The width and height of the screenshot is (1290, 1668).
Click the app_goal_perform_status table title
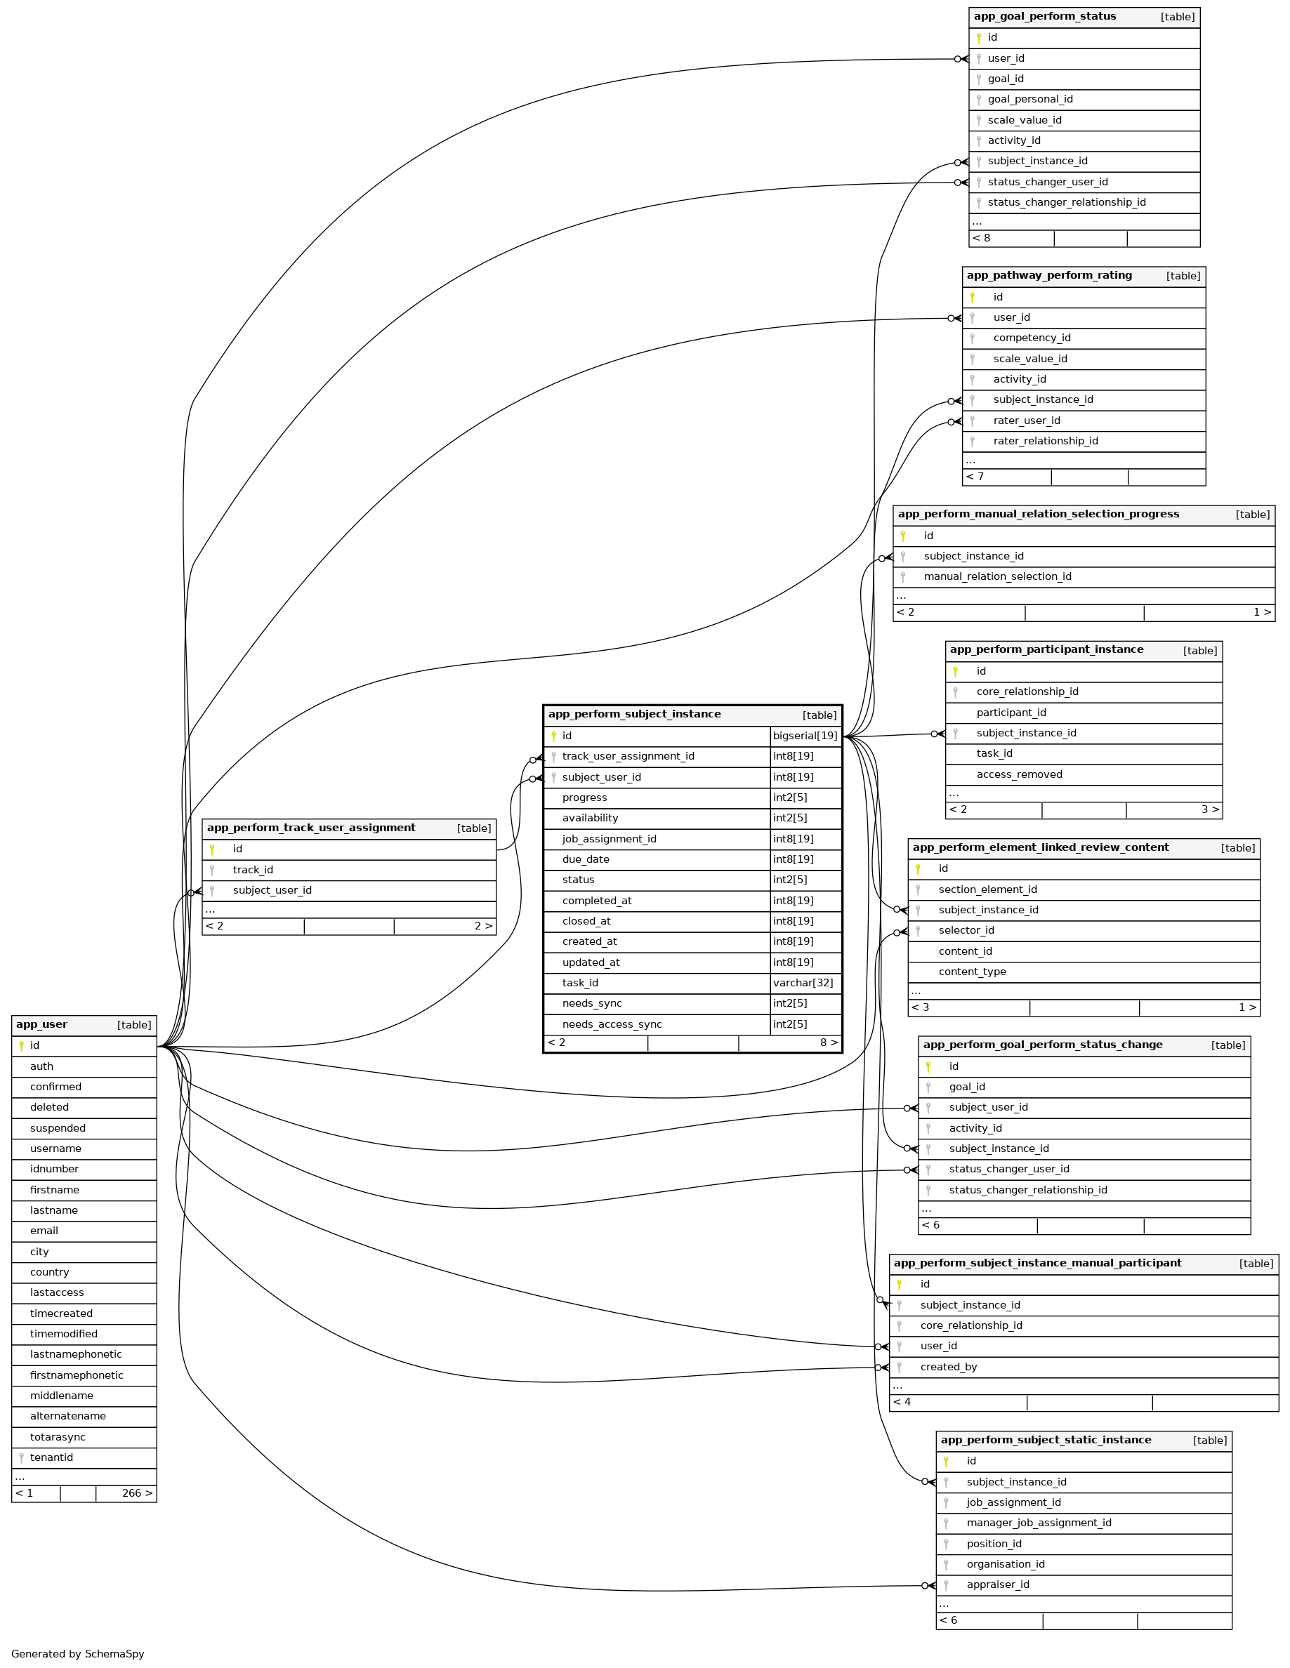(x=1044, y=17)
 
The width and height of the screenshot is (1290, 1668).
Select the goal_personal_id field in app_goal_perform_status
(x=1029, y=99)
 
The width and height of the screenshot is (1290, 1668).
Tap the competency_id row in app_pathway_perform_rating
(x=1031, y=338)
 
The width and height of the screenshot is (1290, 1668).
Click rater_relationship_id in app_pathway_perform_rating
(x=1045, y=442)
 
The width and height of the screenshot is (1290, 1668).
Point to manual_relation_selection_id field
(x=996, y=576)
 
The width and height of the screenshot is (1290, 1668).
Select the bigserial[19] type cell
(x=805, y=736)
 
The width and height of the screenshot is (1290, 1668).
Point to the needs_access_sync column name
(x=612, y=1025)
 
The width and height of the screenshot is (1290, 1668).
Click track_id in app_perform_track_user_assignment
(x=253, y=870)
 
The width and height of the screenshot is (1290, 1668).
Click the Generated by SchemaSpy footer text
(x=78, y=1653)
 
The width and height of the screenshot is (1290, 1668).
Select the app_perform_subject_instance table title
(x=634, y=715)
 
